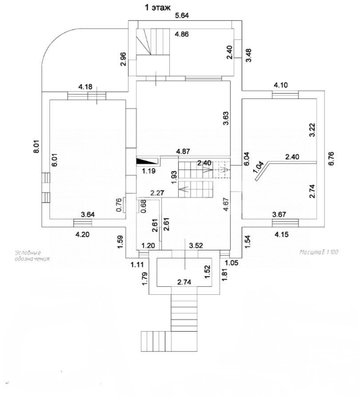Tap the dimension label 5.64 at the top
tap(182, 16)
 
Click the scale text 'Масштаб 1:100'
tap(319, 252)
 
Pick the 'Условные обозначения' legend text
tap(33, 255)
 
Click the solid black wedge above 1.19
tap(147, 162)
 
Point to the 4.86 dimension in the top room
tap(182, 34)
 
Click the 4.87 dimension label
tap(184, 152)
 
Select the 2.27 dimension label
tap(158, 193)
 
